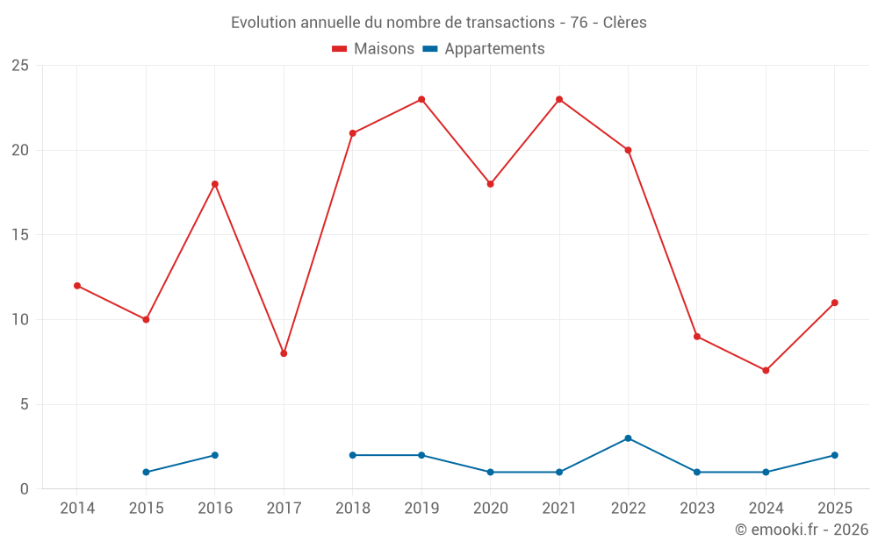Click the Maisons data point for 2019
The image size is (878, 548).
(421, 100)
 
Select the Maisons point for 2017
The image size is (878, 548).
(284, 353)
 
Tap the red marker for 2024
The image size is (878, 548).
(766, 370)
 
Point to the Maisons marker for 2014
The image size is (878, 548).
(77, 286)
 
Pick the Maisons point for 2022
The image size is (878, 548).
(628, 150)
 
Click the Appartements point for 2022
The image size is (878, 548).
(628, 438)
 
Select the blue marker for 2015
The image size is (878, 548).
(146, 472)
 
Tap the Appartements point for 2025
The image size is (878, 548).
(834, 455)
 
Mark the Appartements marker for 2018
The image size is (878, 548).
(353, 455)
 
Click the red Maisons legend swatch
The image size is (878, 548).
(339, 49)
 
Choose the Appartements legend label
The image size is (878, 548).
(494, 49)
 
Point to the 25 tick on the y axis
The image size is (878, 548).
(20, 66)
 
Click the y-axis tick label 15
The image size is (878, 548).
(20, 235)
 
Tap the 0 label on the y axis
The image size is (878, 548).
(24, 488)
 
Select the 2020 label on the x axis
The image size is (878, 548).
(491, 508)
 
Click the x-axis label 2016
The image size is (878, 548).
(215, 508)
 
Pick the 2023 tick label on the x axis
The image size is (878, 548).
(697, 508)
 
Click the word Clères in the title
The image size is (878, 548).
(625, 23)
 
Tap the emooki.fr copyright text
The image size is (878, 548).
(802, 529)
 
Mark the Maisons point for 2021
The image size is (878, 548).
(558, 100)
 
